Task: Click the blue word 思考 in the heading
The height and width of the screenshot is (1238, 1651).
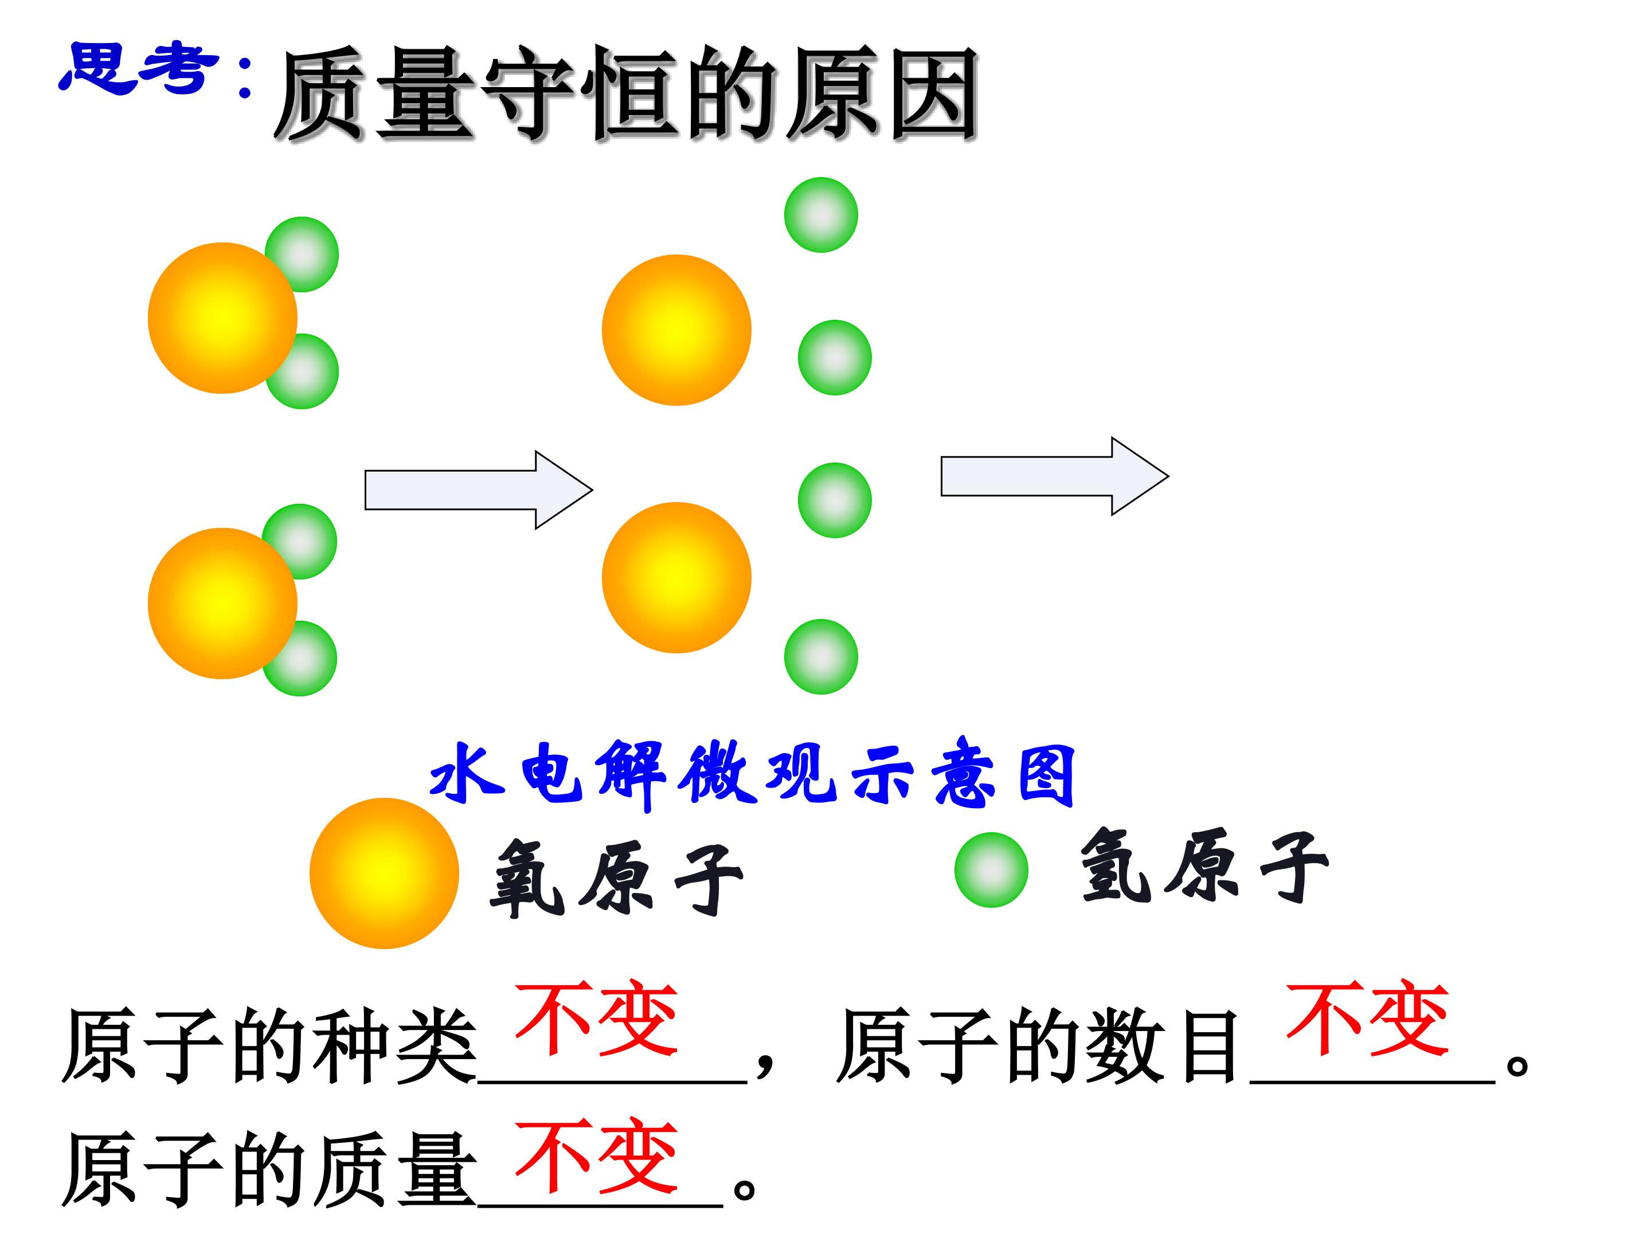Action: pos(139,69)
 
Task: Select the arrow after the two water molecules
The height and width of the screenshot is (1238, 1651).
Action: pos(479,490)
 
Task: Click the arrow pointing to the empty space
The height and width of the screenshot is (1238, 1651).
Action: pos(1055,476)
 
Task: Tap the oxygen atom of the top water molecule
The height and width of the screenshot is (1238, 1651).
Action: pos(222,318)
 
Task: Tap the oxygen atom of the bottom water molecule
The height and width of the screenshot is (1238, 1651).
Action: pos(222,604)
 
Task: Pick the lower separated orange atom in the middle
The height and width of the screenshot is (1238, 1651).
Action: pos(676,578)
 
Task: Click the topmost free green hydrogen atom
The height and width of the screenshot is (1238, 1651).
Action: pos(821,215)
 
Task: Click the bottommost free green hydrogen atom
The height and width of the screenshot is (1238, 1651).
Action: pos(821,657)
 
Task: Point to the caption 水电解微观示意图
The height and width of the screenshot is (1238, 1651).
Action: pos(752,775)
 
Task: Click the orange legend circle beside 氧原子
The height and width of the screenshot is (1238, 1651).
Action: pos(385,873)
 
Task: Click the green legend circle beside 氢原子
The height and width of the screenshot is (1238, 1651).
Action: pos(991,870)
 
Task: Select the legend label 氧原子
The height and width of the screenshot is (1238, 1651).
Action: pos(616,877)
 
